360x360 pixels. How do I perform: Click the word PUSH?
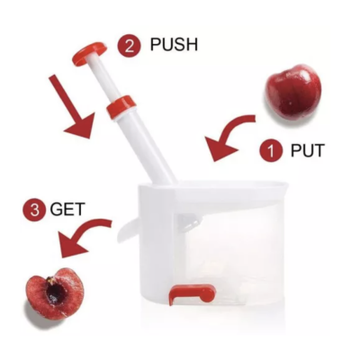[x=174, y=45]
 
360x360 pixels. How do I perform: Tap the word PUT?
[x=308, y=150]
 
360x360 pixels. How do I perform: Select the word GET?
[x=67, y=209]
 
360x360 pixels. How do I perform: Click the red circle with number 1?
[x=272, y=150]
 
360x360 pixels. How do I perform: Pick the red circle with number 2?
[x=130, y=47]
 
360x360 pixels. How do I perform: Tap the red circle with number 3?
[x=34, y=210]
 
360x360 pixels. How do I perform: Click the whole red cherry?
[x=293, y=91]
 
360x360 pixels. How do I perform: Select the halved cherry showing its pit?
[x=52, y=293]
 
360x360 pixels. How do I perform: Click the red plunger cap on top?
[x=89, y=53]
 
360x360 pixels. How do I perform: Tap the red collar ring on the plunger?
[x=121, y=106]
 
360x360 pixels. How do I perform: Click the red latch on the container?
[x=192, y=293]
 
